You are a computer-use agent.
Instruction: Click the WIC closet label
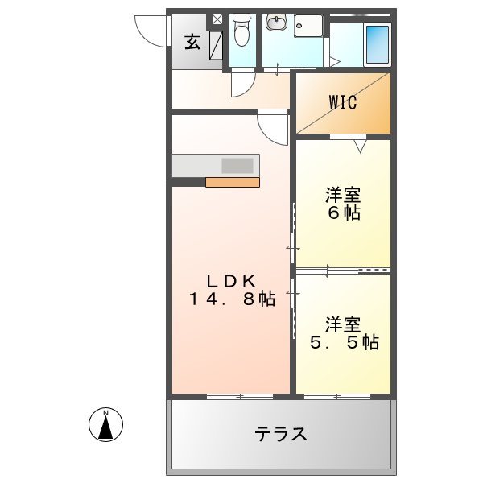342,103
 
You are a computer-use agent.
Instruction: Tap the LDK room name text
231,281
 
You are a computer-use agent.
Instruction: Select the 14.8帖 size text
232,299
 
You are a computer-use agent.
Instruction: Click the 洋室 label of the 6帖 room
342,195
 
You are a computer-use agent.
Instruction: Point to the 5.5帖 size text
345,342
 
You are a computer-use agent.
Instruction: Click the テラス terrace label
281,435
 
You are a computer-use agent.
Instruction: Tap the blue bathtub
377,44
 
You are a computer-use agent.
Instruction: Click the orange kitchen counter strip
232,182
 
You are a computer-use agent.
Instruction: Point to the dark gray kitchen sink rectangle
237,165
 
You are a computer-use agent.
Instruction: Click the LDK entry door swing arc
274,127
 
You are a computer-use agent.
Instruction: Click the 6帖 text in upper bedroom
343,213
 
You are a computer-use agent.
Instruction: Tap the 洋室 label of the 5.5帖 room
342,324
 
